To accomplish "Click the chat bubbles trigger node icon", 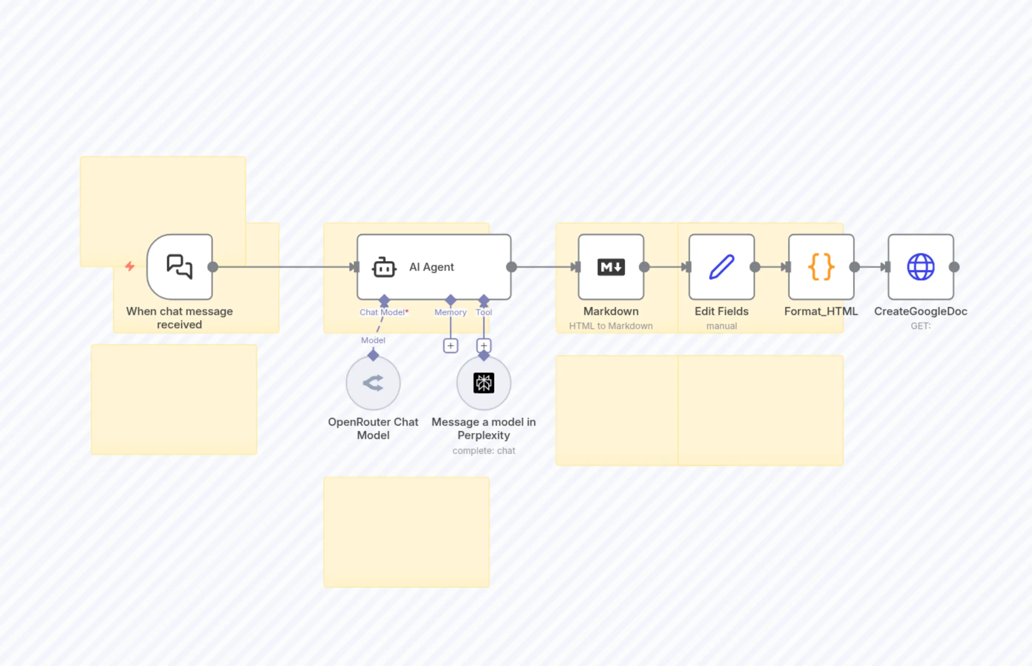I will (179, 266).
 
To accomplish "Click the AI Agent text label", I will (431, 267).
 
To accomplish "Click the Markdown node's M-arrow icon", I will (611, 267).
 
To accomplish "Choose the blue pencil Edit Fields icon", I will (722, 267).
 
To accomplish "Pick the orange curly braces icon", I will (821, 267).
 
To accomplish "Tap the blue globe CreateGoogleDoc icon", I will (921, 267).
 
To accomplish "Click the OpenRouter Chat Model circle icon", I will (373, 383).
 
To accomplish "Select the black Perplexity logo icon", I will (483, 383).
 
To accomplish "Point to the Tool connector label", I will (483, 312).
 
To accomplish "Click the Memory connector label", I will (450, 312).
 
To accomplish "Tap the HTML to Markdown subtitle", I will (611, 326).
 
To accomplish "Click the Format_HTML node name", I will (821, 311).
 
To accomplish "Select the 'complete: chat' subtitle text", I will (483, 451).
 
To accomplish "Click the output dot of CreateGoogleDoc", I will (954, 267).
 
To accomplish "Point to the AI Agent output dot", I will (511, 267).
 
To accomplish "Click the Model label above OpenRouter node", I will (373, 340).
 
